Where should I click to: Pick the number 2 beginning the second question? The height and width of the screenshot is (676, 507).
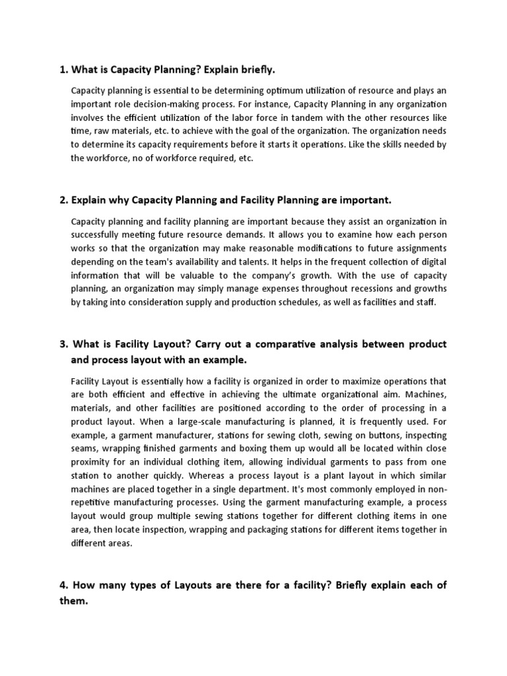pyautogui.click(x=62, y=199)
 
